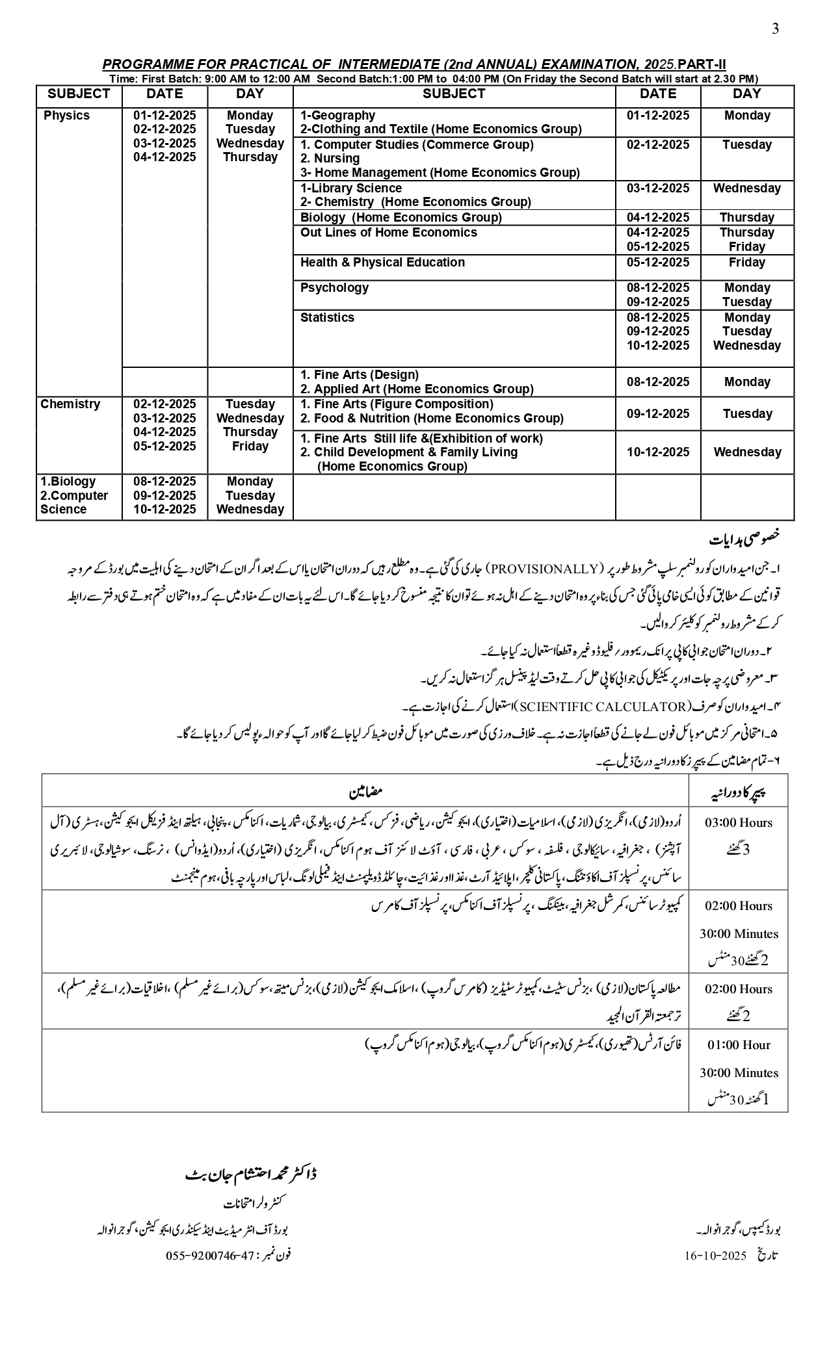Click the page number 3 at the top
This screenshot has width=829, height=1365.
(x=775, y=29)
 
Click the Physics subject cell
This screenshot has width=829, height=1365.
(x=66, y=116)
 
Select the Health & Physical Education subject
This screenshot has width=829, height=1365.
(x=382, y=263)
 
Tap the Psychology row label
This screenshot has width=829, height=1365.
(x=334, y=288)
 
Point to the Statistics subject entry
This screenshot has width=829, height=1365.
(x=327, y=318)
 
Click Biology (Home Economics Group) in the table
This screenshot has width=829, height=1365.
(x=401, y=218)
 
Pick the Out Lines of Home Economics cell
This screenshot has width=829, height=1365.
(x=388, y=233)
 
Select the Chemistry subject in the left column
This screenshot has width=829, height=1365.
(x=70, y=404)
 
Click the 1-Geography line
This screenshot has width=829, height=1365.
(x=337, y=116)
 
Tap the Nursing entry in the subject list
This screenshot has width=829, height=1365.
(x=330, y=159)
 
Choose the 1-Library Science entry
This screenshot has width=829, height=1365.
(x=351, y=188)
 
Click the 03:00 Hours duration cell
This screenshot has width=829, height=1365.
(x=739, y=823)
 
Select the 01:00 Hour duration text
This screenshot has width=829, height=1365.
(x=739, y=1045)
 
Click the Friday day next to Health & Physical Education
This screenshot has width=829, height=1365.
(x=746, y=263)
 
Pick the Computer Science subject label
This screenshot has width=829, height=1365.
(x=74, y=502)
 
